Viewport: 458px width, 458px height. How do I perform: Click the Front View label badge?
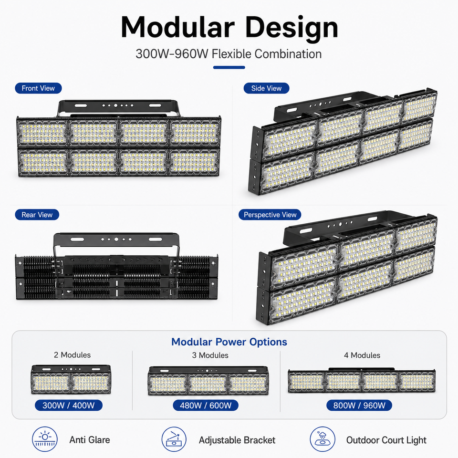[x=38, y=88]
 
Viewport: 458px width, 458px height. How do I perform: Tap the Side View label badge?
[x=266, y=88]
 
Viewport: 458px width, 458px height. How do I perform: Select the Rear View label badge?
[x=37, y=215]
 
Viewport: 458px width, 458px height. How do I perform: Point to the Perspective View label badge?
[x=270, y=215]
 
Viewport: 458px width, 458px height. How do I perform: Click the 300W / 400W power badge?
[x=69, y=405]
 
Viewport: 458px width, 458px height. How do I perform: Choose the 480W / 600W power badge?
[x=206, y=405]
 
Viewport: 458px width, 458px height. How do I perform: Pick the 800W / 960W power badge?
[x=359, y=405]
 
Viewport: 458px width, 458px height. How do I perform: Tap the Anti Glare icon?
[x=45, y=439]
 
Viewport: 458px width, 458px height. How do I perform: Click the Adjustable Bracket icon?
[x=174, y=439]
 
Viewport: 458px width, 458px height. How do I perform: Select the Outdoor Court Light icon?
[x=323, y=439]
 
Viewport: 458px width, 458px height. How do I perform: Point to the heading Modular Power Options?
[x=229, y=342]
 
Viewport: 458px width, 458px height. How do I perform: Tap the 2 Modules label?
[x=72, y=355]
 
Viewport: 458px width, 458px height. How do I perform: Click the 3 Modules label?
[x=210, y=355]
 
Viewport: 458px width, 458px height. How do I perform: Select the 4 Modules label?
[x=362, y=355]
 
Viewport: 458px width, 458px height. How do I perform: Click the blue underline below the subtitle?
[x=229, y=67]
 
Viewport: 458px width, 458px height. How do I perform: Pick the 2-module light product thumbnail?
[x=71, y=379]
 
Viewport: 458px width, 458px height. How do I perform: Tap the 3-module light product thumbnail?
[x=208, y=381]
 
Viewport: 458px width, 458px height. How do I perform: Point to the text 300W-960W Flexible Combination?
[x=229, y=54]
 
